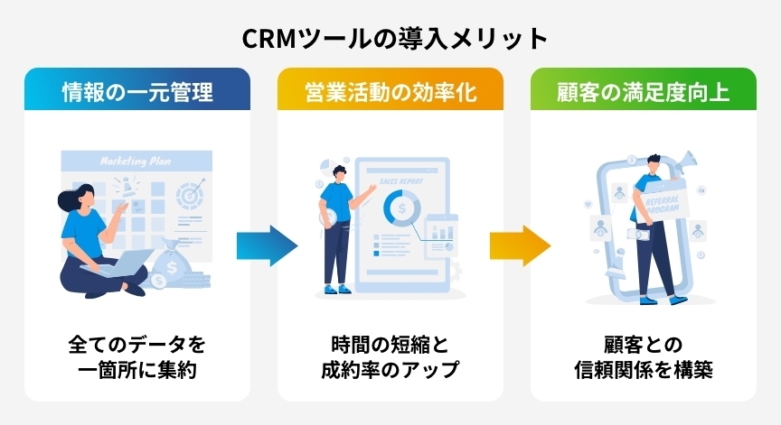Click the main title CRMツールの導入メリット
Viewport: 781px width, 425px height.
click(x=390, y=39)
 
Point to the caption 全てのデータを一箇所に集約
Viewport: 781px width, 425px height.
click(x=137, y=357)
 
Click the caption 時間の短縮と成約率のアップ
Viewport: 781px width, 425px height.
click(x=390, y=357)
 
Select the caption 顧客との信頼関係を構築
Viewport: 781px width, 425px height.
click(x=643, y=357)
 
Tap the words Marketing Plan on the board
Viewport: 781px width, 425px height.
click(x=136, y=162)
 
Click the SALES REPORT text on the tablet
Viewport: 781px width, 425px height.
click(x=397, y=180)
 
